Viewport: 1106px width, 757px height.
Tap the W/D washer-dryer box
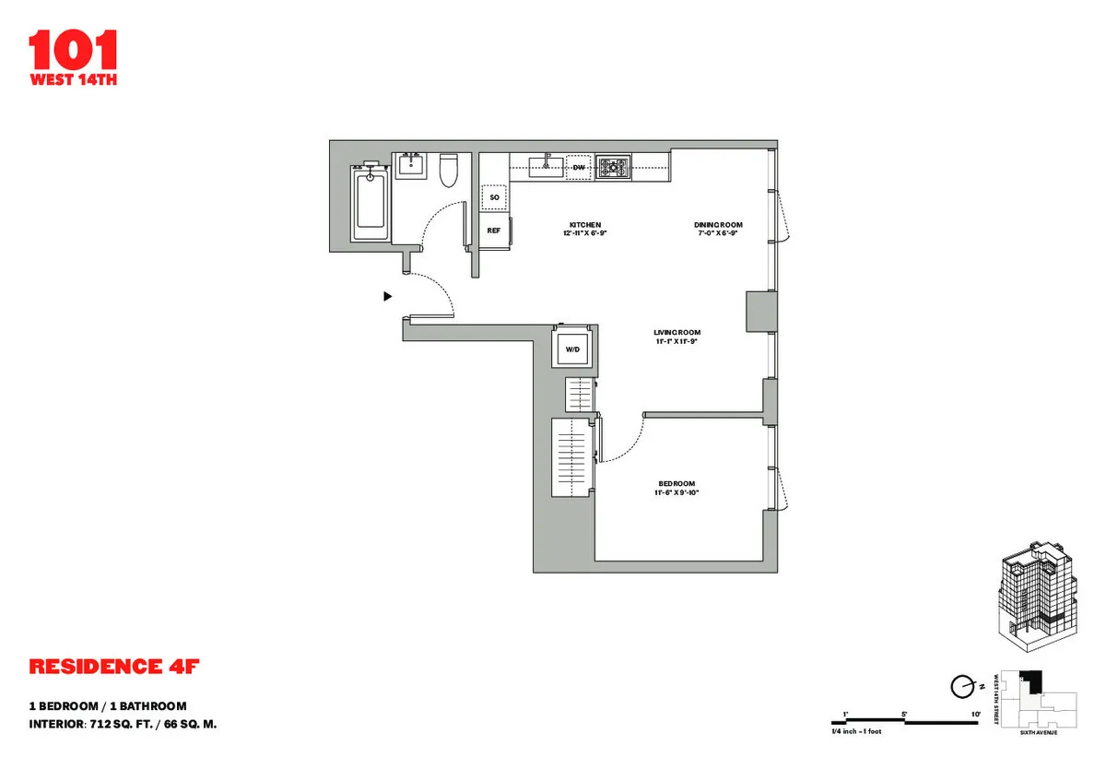pos(571,349)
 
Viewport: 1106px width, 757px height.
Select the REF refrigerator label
pos(493,231)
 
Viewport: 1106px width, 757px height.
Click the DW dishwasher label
pos(579,168)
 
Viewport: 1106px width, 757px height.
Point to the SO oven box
pos(494,197)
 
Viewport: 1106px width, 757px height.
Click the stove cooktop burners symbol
pos(613,167)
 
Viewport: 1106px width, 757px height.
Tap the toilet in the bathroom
pos(450,170)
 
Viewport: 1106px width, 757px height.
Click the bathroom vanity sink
pos(410,166)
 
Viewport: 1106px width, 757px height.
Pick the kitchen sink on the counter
pos(547,166)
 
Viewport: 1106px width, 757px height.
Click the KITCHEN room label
pos(585,225)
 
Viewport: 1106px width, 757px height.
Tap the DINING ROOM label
pos(718,225)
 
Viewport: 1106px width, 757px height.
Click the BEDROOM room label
pos(677,484)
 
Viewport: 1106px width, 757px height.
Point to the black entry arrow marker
pos(388,296)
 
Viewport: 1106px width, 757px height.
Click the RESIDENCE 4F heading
pos(114,666)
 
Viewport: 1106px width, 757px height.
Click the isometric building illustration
pos(1039,596)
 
